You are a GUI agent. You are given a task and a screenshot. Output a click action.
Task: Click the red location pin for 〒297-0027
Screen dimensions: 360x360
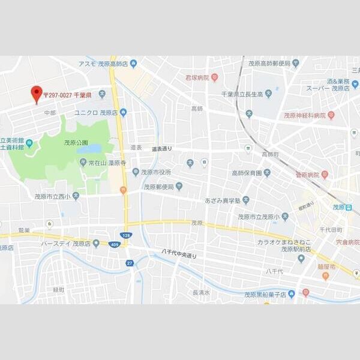point(36,94)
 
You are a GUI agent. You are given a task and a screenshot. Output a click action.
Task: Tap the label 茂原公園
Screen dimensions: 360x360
point(76,142)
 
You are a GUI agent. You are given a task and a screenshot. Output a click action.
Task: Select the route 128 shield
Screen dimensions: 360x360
point(125,235)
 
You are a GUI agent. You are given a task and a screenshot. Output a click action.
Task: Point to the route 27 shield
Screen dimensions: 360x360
point(129,262)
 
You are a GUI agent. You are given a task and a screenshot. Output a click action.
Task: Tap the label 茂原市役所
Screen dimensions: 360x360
point(155,172)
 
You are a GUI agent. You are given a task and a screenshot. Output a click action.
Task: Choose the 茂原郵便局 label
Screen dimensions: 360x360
point(158,187)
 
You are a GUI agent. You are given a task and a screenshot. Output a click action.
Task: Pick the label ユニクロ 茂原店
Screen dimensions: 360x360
point(95,112)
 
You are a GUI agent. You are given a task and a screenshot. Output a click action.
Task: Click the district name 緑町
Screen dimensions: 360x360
point(58,289)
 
